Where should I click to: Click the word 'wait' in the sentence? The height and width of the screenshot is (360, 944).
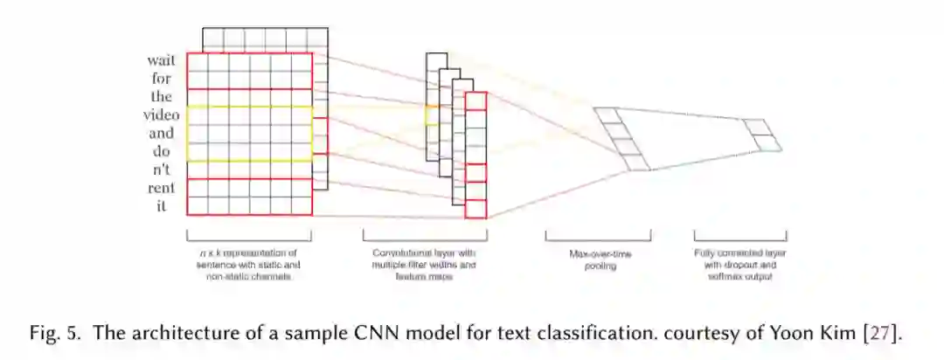pyautogui.click(x=162, y=60)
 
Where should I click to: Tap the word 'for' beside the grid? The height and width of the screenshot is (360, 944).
pyautogui.click(x=163, y=79)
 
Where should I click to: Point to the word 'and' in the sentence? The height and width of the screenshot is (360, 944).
pyautogui.click(x=162, y=134)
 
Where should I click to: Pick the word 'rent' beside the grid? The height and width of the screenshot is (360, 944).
pyautogui.click(x=161, y=188)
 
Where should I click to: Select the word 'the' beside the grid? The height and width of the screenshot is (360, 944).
pyautogui.click(x=163, y=97)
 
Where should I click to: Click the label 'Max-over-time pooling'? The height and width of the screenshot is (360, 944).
pyautogui.click(x=599, y=260)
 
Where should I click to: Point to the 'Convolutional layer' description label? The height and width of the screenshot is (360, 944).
pyautogui.click(x=425, y=264)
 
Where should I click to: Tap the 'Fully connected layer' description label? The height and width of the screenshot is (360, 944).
pyautogui.click(x=740, y=264)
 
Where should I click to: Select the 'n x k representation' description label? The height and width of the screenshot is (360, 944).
pyautogui.click(x=249, y=264)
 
